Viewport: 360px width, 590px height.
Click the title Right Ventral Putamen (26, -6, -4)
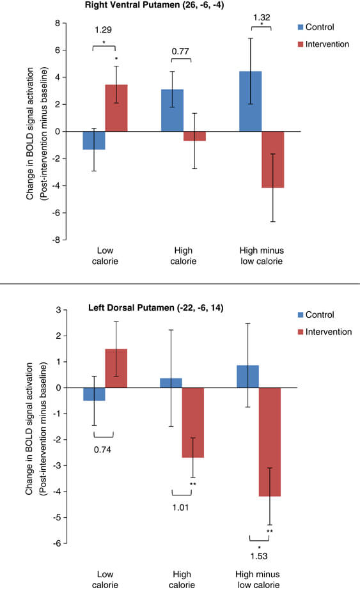[x=154, y=5]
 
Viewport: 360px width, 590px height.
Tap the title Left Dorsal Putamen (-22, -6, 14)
[x=156, y=308]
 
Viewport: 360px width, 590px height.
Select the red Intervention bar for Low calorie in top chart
[x=116, y=108]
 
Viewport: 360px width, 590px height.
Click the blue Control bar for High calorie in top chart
[x=173, y=110]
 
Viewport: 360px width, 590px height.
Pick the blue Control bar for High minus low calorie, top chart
[x=251, y=101]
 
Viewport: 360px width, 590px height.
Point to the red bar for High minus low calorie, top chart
[x=273, y=160]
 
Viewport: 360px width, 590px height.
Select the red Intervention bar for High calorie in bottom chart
[x=193, y=423]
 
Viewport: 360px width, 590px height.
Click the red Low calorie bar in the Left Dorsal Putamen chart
[x=116, y=368]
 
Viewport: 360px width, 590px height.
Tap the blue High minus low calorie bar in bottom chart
[x=248, y=377]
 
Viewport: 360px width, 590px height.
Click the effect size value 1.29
[x=103, y=30]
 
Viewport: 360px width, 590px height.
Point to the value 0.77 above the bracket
[x=180, y=51]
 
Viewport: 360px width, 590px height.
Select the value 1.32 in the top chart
[x=262, y=17]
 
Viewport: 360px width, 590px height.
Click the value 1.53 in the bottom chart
[x=259, y=556]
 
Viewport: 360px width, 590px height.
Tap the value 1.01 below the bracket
[x=180, y=508]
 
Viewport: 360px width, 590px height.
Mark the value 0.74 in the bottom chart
[x=102, y=449]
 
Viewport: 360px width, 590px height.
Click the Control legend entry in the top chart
[x=316, y=27]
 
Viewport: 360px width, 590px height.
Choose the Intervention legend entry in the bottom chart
[x=325, y=332]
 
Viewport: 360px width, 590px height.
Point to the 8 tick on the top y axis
[x=58, y=23]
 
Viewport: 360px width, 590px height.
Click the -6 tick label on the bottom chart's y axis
[x=56, y=543]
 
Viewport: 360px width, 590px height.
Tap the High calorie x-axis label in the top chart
[x=184, y=256]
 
